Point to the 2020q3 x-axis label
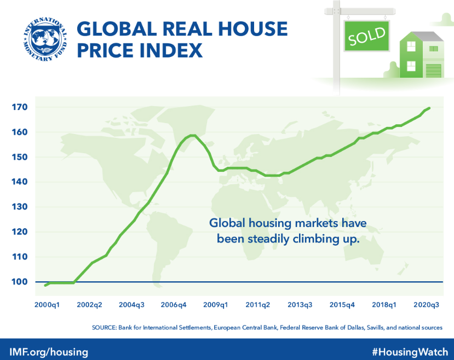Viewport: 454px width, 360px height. coord(427,304)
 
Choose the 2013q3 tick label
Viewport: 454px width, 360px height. coord(300,304)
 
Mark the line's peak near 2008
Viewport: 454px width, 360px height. coord(192,135)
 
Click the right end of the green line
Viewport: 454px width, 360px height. coord(429,108)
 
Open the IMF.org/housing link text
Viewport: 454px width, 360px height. coord(49,351)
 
